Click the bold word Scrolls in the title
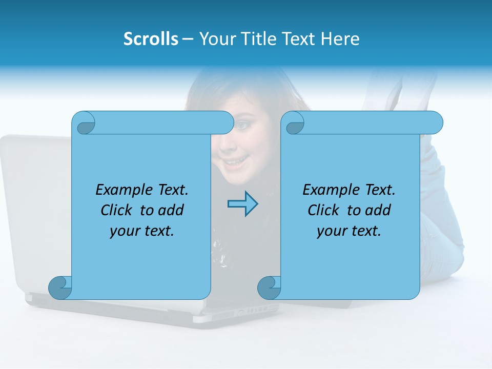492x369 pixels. coord(151,39)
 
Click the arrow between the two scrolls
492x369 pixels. coord(242,204)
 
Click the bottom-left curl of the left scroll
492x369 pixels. coord(60,288)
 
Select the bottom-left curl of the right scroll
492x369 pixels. coord(269,288)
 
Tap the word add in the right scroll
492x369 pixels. coord(379,210)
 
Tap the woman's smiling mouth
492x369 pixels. coord(236,163)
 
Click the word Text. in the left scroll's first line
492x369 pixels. coord(171,190)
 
